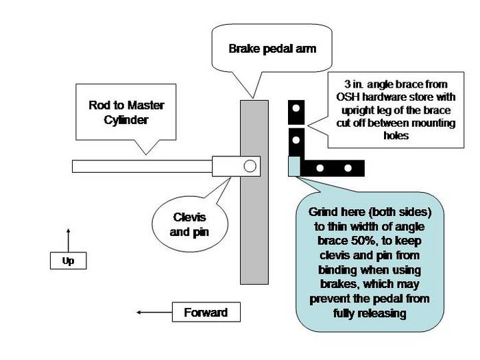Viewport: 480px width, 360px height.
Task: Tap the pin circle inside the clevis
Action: point(250,165)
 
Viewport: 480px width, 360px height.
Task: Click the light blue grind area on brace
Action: point(294,167)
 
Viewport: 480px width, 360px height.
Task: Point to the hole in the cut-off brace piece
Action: point(296,108)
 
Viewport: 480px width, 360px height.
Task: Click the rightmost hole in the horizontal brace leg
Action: point(348,167)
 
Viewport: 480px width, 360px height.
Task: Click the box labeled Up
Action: point(68,261)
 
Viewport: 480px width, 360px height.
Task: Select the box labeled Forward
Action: point(206,313)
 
